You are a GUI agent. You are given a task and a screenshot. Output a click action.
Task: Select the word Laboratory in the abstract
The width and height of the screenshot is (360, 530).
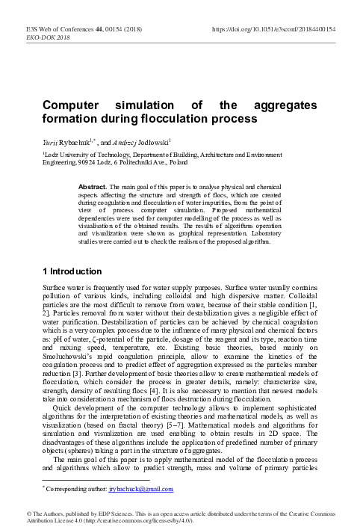click(x=308, y=253)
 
